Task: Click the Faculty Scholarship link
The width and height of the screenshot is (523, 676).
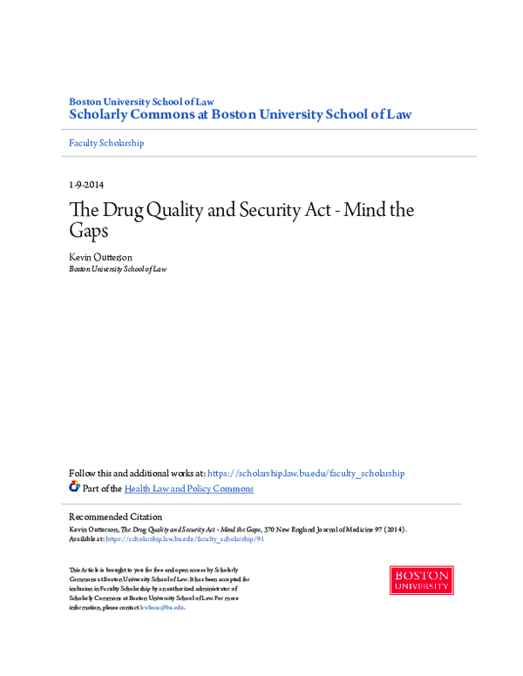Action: pos(106,143)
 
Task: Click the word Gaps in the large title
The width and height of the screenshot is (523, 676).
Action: pos(91,233)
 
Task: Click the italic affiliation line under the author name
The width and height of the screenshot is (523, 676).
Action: pos(118,269)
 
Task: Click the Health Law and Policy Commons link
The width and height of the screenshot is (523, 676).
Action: pos(189,489)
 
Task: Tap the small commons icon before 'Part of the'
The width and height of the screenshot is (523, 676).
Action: pos(74,487)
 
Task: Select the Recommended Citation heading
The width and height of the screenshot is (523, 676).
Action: pos(115,517)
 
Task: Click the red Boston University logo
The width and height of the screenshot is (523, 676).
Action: pos(421,580)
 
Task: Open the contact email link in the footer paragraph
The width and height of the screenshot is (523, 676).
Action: pos(166,608)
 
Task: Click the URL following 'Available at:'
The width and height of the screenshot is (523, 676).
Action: pos(184,539)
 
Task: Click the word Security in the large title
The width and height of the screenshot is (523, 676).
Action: pos(282,210)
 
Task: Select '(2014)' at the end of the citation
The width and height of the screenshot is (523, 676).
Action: pos(394,529)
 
